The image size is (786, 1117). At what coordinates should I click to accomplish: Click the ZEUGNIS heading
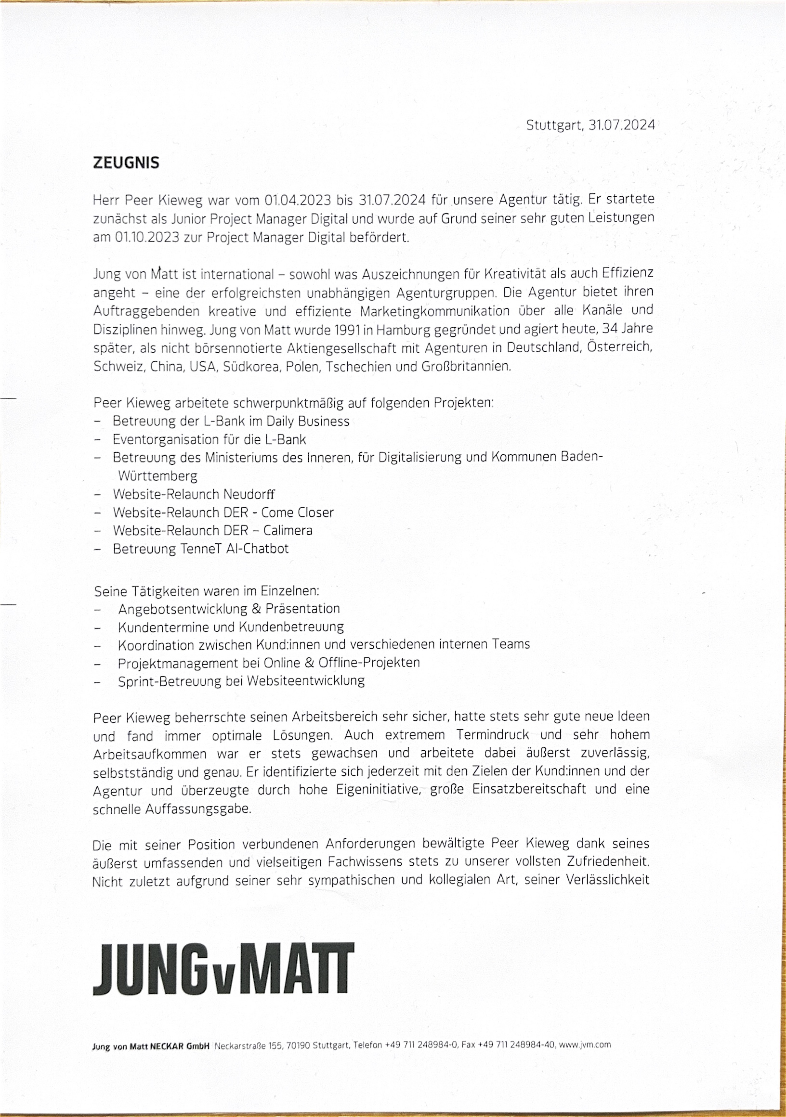[x=126, y=162]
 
